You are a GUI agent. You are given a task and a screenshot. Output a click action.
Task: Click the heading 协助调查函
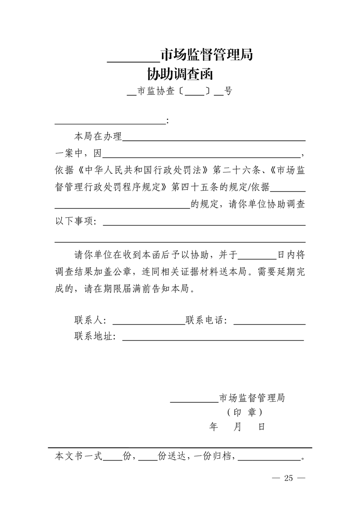(180, 73)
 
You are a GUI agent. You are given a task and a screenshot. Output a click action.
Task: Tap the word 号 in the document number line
(228, 91)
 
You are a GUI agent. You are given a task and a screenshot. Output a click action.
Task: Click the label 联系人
(89, 321)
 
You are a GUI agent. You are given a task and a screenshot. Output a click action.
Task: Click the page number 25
(289, 478)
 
